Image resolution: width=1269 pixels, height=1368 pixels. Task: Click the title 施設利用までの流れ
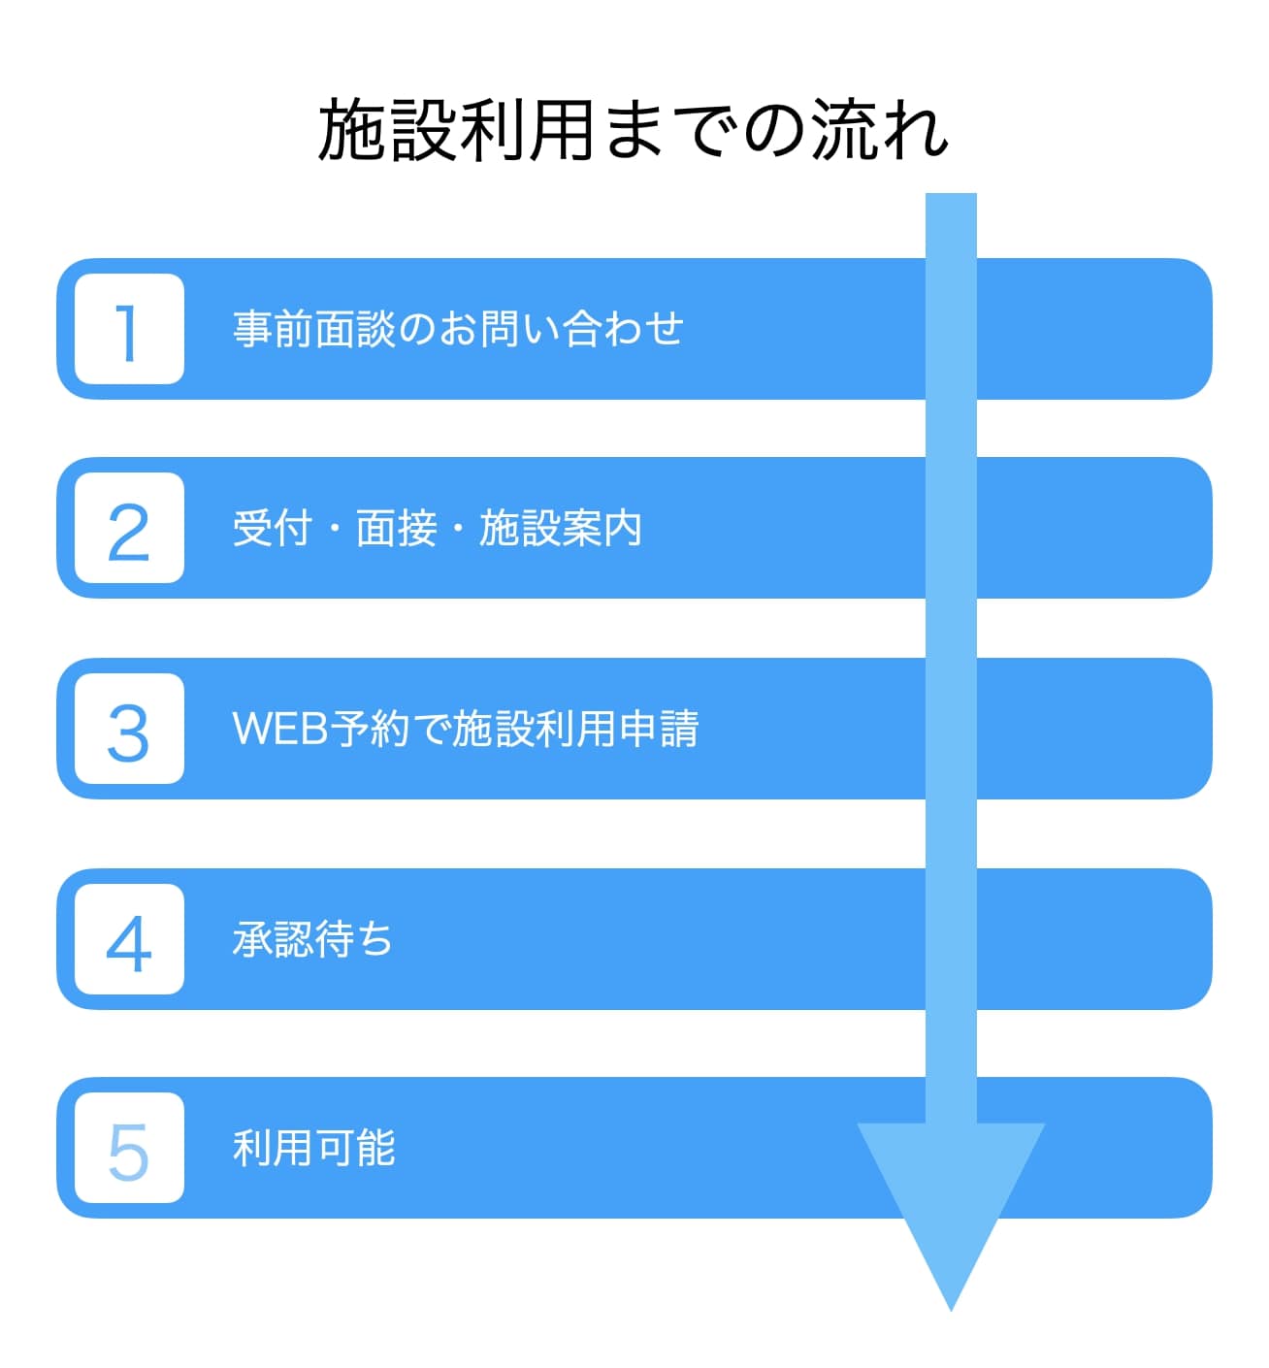[633, 129]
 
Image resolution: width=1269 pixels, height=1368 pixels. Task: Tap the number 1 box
[129, 329]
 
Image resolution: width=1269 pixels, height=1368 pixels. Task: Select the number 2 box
[129, 528]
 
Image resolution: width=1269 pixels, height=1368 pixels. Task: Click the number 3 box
[129, 728]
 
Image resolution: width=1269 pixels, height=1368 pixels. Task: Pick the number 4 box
[129, 939]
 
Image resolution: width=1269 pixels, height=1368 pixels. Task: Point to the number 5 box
[129, 1148]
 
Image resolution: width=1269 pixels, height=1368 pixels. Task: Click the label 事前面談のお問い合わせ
[458, 329]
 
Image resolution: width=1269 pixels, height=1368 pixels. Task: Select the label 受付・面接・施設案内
[438, 529]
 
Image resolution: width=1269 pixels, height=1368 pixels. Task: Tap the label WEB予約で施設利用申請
[466, 728]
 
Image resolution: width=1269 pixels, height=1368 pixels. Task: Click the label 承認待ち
[312, 939]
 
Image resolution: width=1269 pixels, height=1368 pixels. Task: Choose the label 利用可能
[314, 1148]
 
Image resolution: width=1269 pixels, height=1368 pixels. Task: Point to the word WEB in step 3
[280, 728]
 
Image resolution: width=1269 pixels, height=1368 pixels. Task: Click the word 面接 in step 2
[396, 529]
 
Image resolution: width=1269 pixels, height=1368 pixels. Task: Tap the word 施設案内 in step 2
[561, 529]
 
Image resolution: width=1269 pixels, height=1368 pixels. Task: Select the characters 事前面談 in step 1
[314, 329]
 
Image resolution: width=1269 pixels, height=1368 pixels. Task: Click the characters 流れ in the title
[880, 129]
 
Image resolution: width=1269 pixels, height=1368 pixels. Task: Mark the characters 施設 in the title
[386, 129]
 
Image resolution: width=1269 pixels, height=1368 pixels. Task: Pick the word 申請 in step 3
[659, 728]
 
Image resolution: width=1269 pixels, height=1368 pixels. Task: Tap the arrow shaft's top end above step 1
[951, 194]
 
